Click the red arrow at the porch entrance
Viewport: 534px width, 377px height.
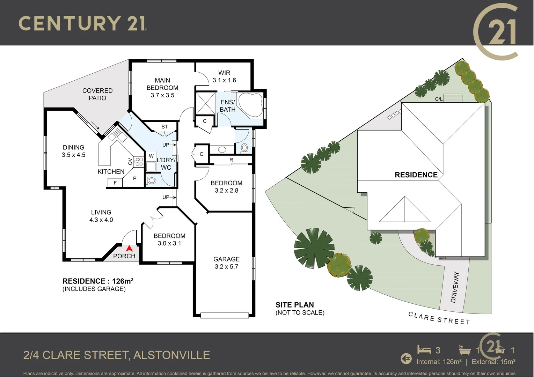pyautogui.click(x=129, y=249)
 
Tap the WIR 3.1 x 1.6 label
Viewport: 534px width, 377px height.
pyautogui.click(x=224, y=76)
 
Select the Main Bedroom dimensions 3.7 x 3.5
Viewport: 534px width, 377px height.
pyautogui.click(x=162, y=95)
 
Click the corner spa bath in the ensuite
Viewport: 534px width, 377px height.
pyautogui.click(x=251, y=105)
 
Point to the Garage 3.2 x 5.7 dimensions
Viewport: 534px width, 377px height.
pyautogui.click(x=226, y=267)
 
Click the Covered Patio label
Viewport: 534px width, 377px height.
pyautogui.click(x=97, y=94)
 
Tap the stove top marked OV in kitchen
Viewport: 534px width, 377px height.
pyautogui.click(x=138, y=161)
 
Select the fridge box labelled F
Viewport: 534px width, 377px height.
pyautogui.click(x=115, y=183)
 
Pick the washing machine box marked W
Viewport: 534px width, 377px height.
pyautogui.click(x=151, y=156)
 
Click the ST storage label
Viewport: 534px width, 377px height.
pyautogui.click(x=164, y=127)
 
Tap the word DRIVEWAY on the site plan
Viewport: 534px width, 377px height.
pyautogui.click(x=455, y=287)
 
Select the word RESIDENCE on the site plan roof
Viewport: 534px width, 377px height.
pyautogui.click(x=416, y=175)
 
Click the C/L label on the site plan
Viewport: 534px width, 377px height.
pyautogui.click(x=439, y=99)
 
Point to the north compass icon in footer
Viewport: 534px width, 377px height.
pyautogui.click(x=406, y=358)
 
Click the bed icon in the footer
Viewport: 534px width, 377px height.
pyautogui.click(x=424, y=349)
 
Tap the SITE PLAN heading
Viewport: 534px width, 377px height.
pyautogui.click(x=295, y=305)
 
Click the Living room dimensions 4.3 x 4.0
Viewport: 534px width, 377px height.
pyautogui.click(x=101, y=220)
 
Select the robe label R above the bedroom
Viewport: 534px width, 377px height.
pyautogui.click(x=231, y=160)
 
